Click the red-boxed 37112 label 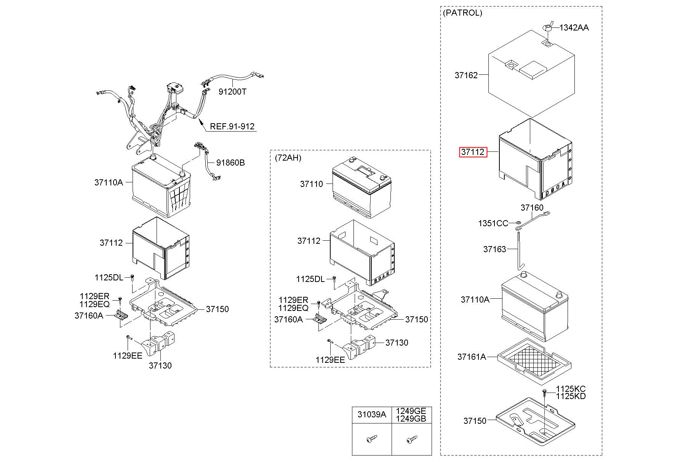(473, 152)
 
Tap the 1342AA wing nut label (574, 27)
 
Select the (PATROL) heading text (462, 13)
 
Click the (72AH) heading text (288, 158)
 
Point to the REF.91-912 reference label (232, 126)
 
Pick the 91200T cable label (232, 92)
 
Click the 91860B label (230, 163)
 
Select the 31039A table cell (371, 415)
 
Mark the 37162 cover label (466, 75)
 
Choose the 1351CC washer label (493, 223)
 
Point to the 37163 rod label (495, 249)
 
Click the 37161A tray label (472, 357)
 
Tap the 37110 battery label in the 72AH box (312, 184)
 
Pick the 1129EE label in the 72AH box (330, 360)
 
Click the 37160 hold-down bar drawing (532, 221)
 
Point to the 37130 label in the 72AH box (397, 343)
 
